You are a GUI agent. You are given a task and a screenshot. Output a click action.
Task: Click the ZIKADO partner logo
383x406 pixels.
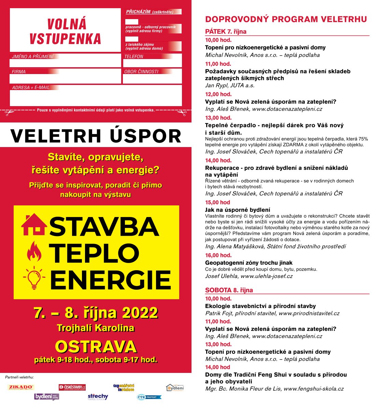(21, 387)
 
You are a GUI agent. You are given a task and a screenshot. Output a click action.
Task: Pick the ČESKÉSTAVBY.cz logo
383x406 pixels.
(72, 387)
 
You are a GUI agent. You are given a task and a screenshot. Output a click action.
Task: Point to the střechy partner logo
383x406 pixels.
(98, 396)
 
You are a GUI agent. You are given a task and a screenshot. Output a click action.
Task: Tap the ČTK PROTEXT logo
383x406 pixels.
(149, 397)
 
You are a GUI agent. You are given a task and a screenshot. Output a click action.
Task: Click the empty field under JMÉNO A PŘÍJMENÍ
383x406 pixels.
(65, 63)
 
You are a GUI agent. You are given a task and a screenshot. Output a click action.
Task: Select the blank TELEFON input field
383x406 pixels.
(152, 63)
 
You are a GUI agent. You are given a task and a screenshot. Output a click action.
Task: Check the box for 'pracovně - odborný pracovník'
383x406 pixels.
(132, 22)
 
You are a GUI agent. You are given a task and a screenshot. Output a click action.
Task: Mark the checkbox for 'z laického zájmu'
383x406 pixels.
(132, 39)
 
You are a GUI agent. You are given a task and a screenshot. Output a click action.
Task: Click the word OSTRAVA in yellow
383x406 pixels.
(96, 347)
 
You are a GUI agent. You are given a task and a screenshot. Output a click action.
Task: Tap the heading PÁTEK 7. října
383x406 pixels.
(226, 32)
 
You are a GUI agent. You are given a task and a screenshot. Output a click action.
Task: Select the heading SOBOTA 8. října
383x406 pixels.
(229, 290)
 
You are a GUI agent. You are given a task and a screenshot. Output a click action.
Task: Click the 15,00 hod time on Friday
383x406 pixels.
(217, 202)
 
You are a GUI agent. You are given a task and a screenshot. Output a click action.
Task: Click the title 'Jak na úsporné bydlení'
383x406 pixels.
(238, 210)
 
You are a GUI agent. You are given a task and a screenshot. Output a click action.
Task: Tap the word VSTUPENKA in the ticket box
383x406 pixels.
(65, 39)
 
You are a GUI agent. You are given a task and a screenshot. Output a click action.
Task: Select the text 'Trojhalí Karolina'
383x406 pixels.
(96, 328)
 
